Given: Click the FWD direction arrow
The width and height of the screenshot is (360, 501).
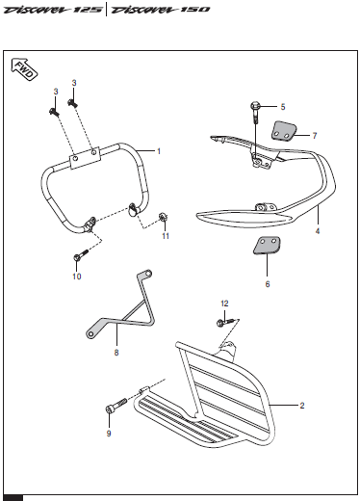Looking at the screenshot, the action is pos(24,69).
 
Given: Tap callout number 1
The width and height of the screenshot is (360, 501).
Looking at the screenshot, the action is pos(159,151).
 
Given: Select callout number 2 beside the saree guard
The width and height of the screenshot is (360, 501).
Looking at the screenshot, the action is pos(302,406).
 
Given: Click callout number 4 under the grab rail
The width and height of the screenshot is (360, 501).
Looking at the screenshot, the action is pos(318,231).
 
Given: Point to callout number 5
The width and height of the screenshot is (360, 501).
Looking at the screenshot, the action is pos(283,107).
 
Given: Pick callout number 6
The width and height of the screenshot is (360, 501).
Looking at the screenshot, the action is pos(268,284).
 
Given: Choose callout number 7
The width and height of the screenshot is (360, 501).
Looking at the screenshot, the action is pos(315,136).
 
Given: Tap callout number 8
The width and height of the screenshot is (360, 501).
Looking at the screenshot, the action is pos(116,353).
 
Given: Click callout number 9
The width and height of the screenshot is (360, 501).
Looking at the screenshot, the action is pos(109,434).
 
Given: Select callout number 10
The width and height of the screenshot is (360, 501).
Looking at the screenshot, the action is pos(77,277).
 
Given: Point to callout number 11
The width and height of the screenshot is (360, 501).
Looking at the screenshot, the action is pos(166,236).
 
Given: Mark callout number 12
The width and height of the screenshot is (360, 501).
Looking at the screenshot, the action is pos(224,303).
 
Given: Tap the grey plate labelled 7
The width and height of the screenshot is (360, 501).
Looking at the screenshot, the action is pos(284,131).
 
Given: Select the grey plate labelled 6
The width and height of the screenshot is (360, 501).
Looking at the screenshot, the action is pos(267,246).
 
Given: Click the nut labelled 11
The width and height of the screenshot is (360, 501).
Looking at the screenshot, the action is pos(164,218).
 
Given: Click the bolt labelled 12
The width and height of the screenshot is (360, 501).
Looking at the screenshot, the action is pos(226,322).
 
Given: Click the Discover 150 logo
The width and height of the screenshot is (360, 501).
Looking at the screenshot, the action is pos(160,10).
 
